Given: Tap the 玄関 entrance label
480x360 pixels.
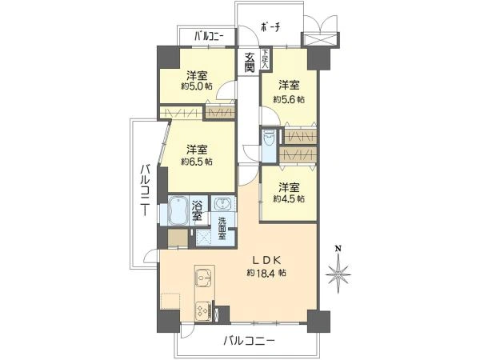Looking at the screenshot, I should (249, 60).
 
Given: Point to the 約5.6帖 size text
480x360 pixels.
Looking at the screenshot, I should (289, 99).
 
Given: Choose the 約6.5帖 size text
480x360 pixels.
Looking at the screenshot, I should (197, 161).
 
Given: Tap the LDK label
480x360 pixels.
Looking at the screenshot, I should (266, 259).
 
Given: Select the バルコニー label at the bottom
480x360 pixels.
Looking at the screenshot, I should (249, 341).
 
